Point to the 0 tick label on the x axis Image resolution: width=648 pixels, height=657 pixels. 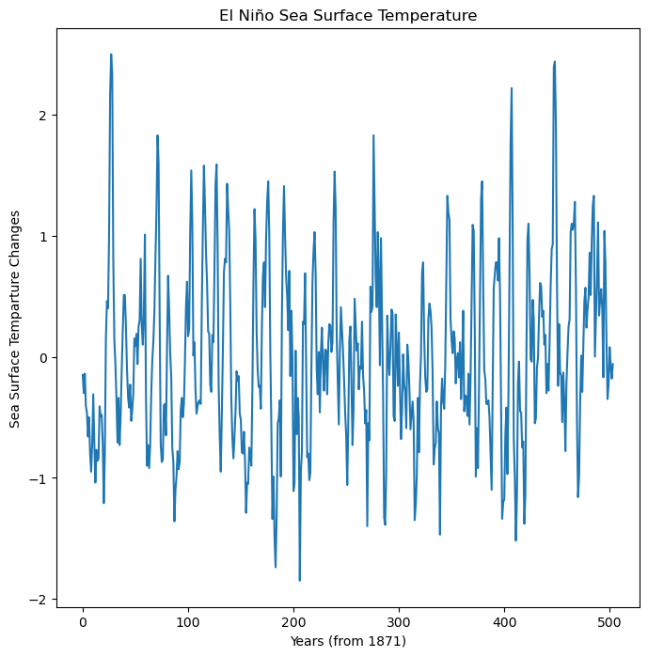coord(83,621)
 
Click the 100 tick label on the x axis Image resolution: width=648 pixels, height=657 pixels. coord(188,621)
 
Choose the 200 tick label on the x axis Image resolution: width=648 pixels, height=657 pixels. coord(293,621)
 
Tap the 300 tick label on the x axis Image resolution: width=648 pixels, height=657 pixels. coord(399,621)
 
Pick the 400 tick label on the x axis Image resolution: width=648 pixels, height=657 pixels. coord(504,621)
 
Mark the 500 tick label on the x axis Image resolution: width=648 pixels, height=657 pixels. coord(609,621)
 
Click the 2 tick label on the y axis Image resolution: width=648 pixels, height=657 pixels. coord(42,116)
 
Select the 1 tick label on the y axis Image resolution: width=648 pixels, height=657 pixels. coord(42,237)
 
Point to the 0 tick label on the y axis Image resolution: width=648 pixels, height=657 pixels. coord(42,358)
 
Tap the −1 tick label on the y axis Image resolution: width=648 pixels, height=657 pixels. coord(39,479)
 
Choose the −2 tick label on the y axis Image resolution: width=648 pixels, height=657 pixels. coord(39,601)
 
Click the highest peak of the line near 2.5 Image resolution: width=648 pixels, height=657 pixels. coord(111,55)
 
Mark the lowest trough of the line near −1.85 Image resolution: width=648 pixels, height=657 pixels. coord(300,580)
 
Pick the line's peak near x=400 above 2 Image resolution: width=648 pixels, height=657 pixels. coord(512,88)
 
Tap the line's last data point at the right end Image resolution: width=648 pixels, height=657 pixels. coord(613,364)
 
